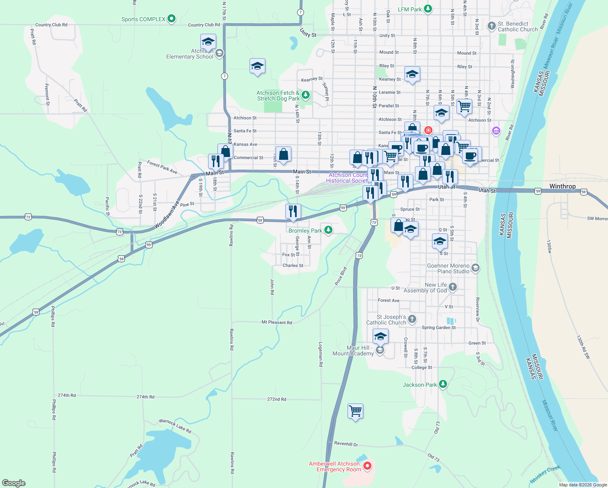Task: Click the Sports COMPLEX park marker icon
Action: coord(172,19)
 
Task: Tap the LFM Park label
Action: coord(410,9)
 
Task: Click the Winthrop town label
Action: coord(562,187)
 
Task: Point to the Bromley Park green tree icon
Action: coord(328,230)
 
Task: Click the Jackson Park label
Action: coord(419,385)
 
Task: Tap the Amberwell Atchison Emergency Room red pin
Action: coord(367,466)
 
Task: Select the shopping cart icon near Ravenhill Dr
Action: coord(355,411)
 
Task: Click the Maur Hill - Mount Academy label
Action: coord(353,351)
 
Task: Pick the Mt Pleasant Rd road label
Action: coord(276,322)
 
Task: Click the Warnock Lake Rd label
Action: coord(175,426)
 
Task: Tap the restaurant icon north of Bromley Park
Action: coord(293,211)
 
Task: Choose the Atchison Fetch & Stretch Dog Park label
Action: coord(278,96)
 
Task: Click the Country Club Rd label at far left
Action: coord(51,25)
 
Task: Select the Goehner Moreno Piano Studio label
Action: coord(448,268)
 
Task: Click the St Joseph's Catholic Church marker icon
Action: coord(412,319)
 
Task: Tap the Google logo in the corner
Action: coord(14,483)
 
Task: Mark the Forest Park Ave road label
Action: coord(162,167)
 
